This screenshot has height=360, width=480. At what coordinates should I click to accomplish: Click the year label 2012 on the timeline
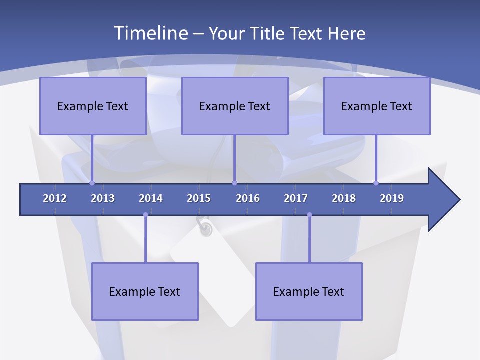tap(55, 198)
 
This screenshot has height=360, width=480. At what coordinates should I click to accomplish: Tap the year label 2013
tap(103, 198)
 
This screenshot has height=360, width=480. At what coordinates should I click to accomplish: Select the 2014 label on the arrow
tap(151, 198)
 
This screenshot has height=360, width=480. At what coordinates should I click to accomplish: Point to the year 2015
tap(199, 198)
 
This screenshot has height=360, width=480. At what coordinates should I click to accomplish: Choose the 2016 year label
tap(248, 198)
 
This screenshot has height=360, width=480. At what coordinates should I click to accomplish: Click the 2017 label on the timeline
tap(296, 198)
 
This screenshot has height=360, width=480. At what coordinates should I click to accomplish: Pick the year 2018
tap(344, 198)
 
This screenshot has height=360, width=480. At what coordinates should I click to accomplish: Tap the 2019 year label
tap(392, 198)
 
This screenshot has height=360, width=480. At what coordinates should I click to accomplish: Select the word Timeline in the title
tap(150, 33)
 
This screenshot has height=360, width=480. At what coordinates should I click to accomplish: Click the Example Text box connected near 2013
tap(93, 106)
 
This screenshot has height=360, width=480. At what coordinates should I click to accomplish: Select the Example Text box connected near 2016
tap(235, 106)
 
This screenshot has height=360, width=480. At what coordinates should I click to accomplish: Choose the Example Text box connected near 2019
tap(377, 106)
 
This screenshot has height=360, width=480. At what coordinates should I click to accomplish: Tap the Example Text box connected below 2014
tap(145, 291)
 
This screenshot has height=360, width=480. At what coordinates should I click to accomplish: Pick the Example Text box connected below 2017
tap(309, 291)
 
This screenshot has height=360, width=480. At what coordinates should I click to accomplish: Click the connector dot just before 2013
tap(92, 183)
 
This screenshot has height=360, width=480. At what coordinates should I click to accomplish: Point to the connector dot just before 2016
tap(235, 183)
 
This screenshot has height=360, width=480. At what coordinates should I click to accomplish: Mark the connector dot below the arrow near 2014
tap(145, 215)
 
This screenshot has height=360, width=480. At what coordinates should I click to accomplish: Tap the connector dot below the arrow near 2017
tap(309, 215)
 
